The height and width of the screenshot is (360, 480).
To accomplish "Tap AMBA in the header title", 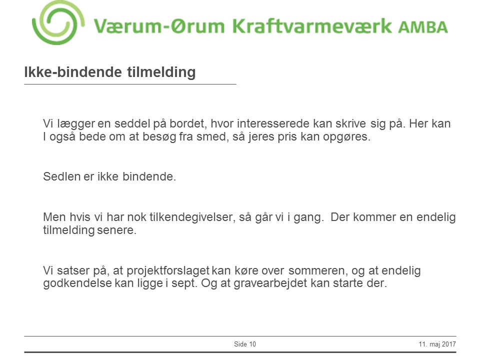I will coord(423,26).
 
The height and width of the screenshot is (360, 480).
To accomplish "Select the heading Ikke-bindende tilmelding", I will coord(110,72).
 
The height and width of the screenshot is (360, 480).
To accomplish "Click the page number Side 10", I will coord(245,344).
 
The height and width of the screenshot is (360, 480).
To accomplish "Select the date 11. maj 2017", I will coord(438,344).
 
